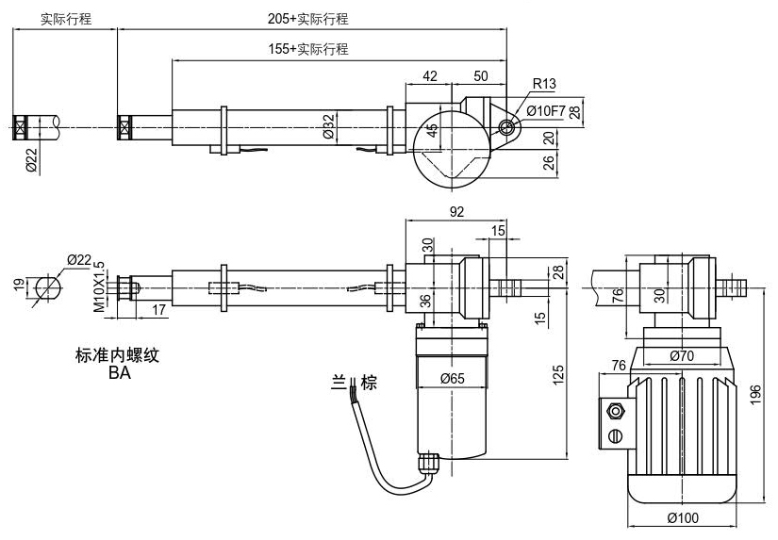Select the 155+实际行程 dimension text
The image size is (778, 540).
tap(307, 49)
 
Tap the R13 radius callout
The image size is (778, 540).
tap(544, 85)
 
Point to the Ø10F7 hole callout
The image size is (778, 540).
tap(546, 111)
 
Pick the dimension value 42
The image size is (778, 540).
tap(430, 75)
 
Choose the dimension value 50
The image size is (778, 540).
tap(481, 75)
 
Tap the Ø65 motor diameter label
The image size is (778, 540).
tap(453, 380)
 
